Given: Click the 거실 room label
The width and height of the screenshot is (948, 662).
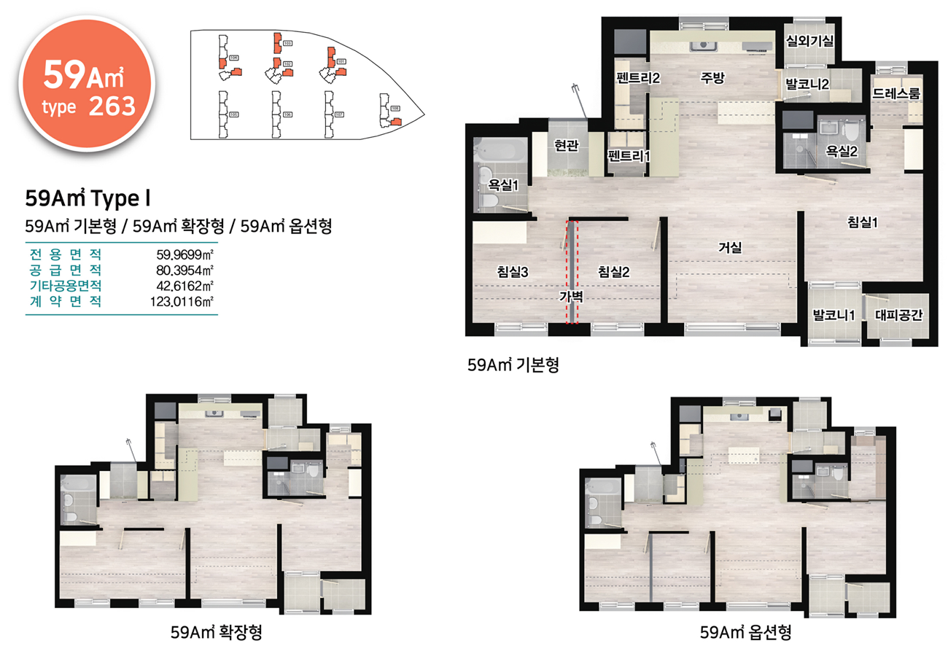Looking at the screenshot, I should pyautogui.click(x=729, y=247).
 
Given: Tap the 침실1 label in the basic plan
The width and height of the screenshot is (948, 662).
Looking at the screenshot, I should pyautogui.click(x=862, y=223).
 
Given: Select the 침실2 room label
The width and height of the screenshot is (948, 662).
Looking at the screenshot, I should pyautogui.click(x=613, y=272).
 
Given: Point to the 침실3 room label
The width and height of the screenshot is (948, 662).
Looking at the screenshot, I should pyautogui.click(x=512, y=272).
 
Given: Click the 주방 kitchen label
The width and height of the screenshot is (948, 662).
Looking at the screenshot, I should pyautogui.click(x=712, y=78).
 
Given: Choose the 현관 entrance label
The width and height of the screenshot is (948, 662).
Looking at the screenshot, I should pyautogui.click(x=566, y=146).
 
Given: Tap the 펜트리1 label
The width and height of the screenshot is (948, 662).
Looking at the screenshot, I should pyautogui.click(x=628, y=155).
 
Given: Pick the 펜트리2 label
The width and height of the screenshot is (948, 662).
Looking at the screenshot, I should pyautogui.click(x=637, y=78).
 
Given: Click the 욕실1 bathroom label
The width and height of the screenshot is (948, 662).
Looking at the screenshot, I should pyautogui.click(x=503, y=185).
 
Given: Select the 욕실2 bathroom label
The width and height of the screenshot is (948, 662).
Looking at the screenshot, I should pyautogui.click(x=841, y=151).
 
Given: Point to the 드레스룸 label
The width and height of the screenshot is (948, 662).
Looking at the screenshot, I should pyautogui.click(x=895, y=93).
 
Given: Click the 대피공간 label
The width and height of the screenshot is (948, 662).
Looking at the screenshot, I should pyautogui.click(x=898, y=316).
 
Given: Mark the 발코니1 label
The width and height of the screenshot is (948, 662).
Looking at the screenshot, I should pyautogui.click(x=834, y=316).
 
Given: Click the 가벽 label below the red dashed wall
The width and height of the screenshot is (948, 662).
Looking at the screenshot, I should pyautogui.click(x=572, y=296).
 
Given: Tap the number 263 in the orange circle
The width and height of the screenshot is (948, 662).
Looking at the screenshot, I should pyautogui.click(x=112, y=106).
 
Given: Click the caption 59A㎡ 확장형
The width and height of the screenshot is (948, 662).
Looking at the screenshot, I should pyautogui.click(x=216, y=632).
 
